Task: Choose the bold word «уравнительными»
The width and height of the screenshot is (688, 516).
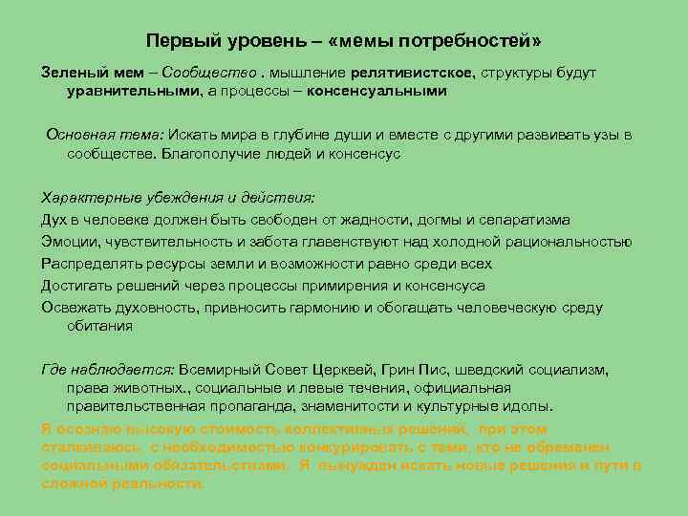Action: [x=132, y=91]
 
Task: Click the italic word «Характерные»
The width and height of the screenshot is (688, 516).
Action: [x=89, y=198]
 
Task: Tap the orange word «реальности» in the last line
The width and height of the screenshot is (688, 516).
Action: [x=157, y=484]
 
